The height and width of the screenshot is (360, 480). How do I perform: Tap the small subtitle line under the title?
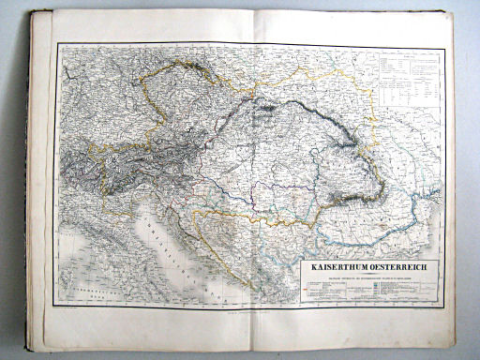point(367,275)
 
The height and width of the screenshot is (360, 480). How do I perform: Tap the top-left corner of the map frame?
point(57,43)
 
